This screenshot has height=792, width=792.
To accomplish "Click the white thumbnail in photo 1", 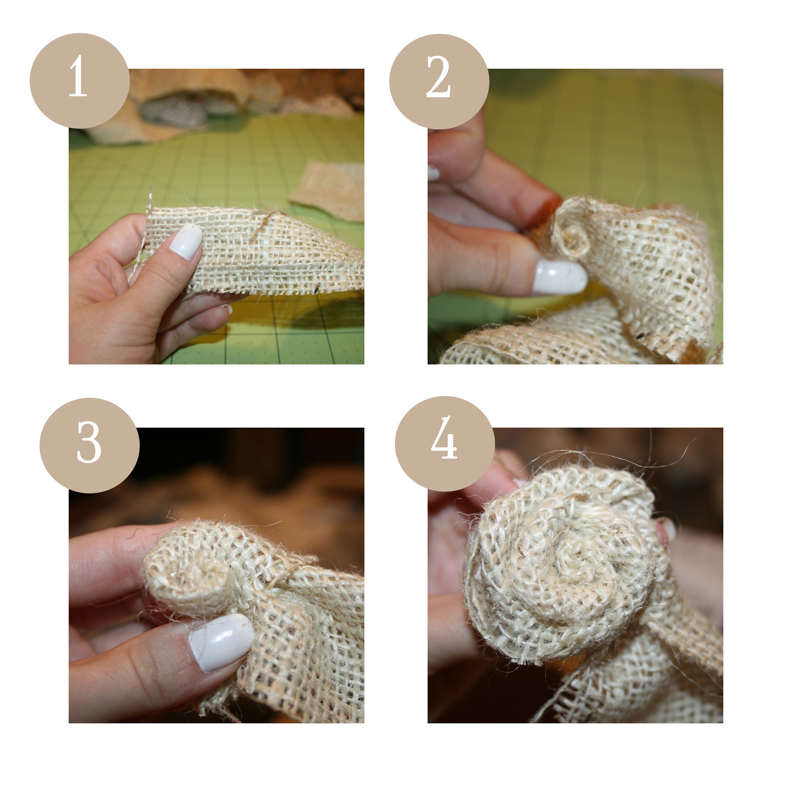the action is click(x=186, y=241).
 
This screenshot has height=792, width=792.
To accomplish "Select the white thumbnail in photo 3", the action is click(x=221, y=642).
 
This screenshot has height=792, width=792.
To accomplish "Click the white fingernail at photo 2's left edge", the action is click(x=433, y=172).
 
